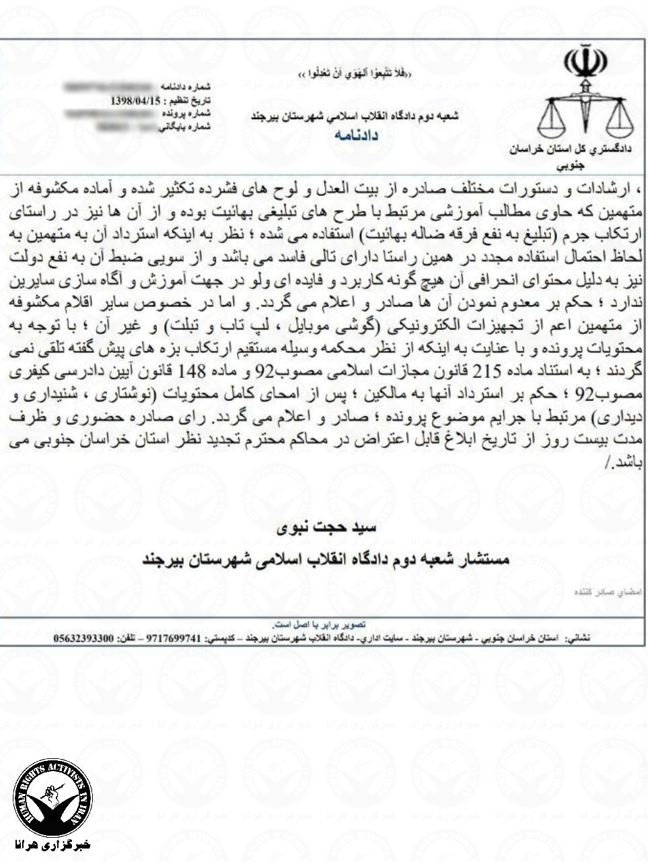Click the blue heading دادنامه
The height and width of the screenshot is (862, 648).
pyautogui.click(x=357, y=136)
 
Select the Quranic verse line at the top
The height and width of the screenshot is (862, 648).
pyautogui.click(x=355, y=72)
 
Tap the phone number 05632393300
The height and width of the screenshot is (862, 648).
pyautogui.click(x=84, y=636)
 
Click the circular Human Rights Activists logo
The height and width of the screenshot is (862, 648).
pyautogui.click(x=52, y=797)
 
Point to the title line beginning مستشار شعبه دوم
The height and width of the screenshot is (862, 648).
pyautogui.click(x=326, y=560)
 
